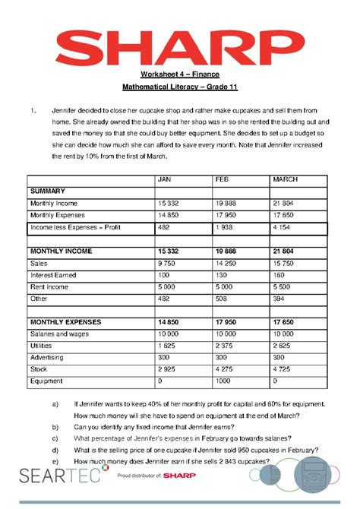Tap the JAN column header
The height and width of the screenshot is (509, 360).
click(x=165, y=179)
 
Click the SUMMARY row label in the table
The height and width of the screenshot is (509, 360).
click(x=47, y=191)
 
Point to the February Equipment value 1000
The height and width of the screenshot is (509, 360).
click(x=223, y=380)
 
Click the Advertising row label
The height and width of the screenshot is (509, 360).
click(x=47, y=356)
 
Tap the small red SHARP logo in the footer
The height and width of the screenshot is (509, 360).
click(x=177, y=476)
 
